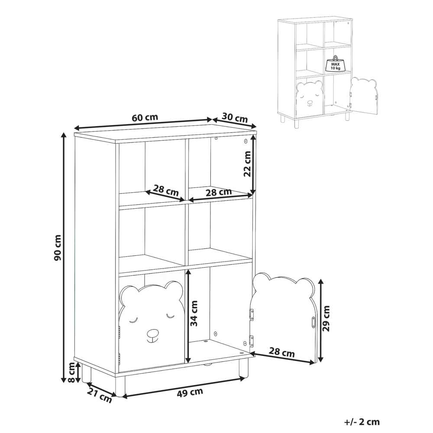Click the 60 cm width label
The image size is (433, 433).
[x=145, y=117]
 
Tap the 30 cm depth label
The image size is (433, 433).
[x=235, y=117]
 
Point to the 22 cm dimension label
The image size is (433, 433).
[x=247, y=164]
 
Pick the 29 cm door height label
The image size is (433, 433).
[x=326, y=318]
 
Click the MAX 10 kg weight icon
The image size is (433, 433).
[x=333, y=64]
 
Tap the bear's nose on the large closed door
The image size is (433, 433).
[x=152, y=334]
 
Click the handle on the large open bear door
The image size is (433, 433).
[x=313, y=322]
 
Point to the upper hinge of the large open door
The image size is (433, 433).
[x=250, y=314]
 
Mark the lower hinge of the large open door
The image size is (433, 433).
[x=250, y=341]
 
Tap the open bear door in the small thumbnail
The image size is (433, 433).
[x=364, y=96]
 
